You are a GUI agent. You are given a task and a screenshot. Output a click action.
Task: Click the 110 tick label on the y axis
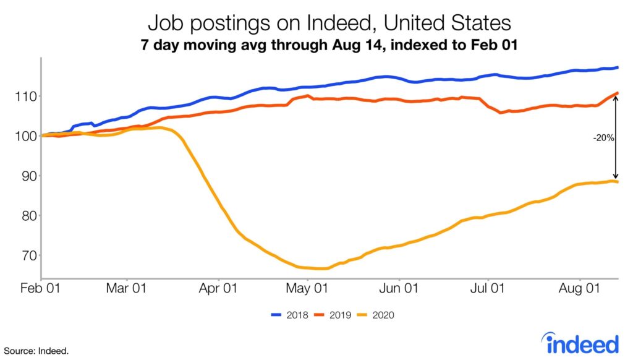point(26,96)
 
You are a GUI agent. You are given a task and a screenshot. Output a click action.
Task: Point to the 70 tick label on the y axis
point(29,255)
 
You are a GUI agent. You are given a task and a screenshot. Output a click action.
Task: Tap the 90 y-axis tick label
point(29,176)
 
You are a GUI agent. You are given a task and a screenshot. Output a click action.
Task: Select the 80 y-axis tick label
point(29,216)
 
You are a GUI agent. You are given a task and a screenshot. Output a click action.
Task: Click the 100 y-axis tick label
point(26,136)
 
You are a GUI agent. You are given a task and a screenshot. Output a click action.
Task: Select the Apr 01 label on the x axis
point(218,288)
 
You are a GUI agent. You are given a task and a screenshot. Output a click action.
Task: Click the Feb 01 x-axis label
point(40,288)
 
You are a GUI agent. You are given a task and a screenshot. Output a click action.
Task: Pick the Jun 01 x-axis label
point(399,288)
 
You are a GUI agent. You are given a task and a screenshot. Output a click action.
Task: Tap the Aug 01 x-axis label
point(579,288)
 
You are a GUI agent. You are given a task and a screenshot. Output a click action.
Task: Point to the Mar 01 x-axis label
point(126,288)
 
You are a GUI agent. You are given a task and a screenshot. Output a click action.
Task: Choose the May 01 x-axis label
point(307,288)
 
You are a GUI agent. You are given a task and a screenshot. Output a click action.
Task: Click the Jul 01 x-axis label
point(487,288)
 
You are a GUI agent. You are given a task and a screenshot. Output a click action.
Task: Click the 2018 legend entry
point(289,315)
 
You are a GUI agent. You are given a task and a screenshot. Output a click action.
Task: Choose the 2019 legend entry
point(333,315)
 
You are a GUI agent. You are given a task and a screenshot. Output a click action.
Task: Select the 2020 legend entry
point(376,315)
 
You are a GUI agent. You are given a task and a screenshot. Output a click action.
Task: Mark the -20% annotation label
point(603,138)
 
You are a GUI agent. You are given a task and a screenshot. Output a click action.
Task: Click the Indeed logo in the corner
point(580,343)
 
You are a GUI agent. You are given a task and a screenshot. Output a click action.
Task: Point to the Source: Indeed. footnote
point(36,351)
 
